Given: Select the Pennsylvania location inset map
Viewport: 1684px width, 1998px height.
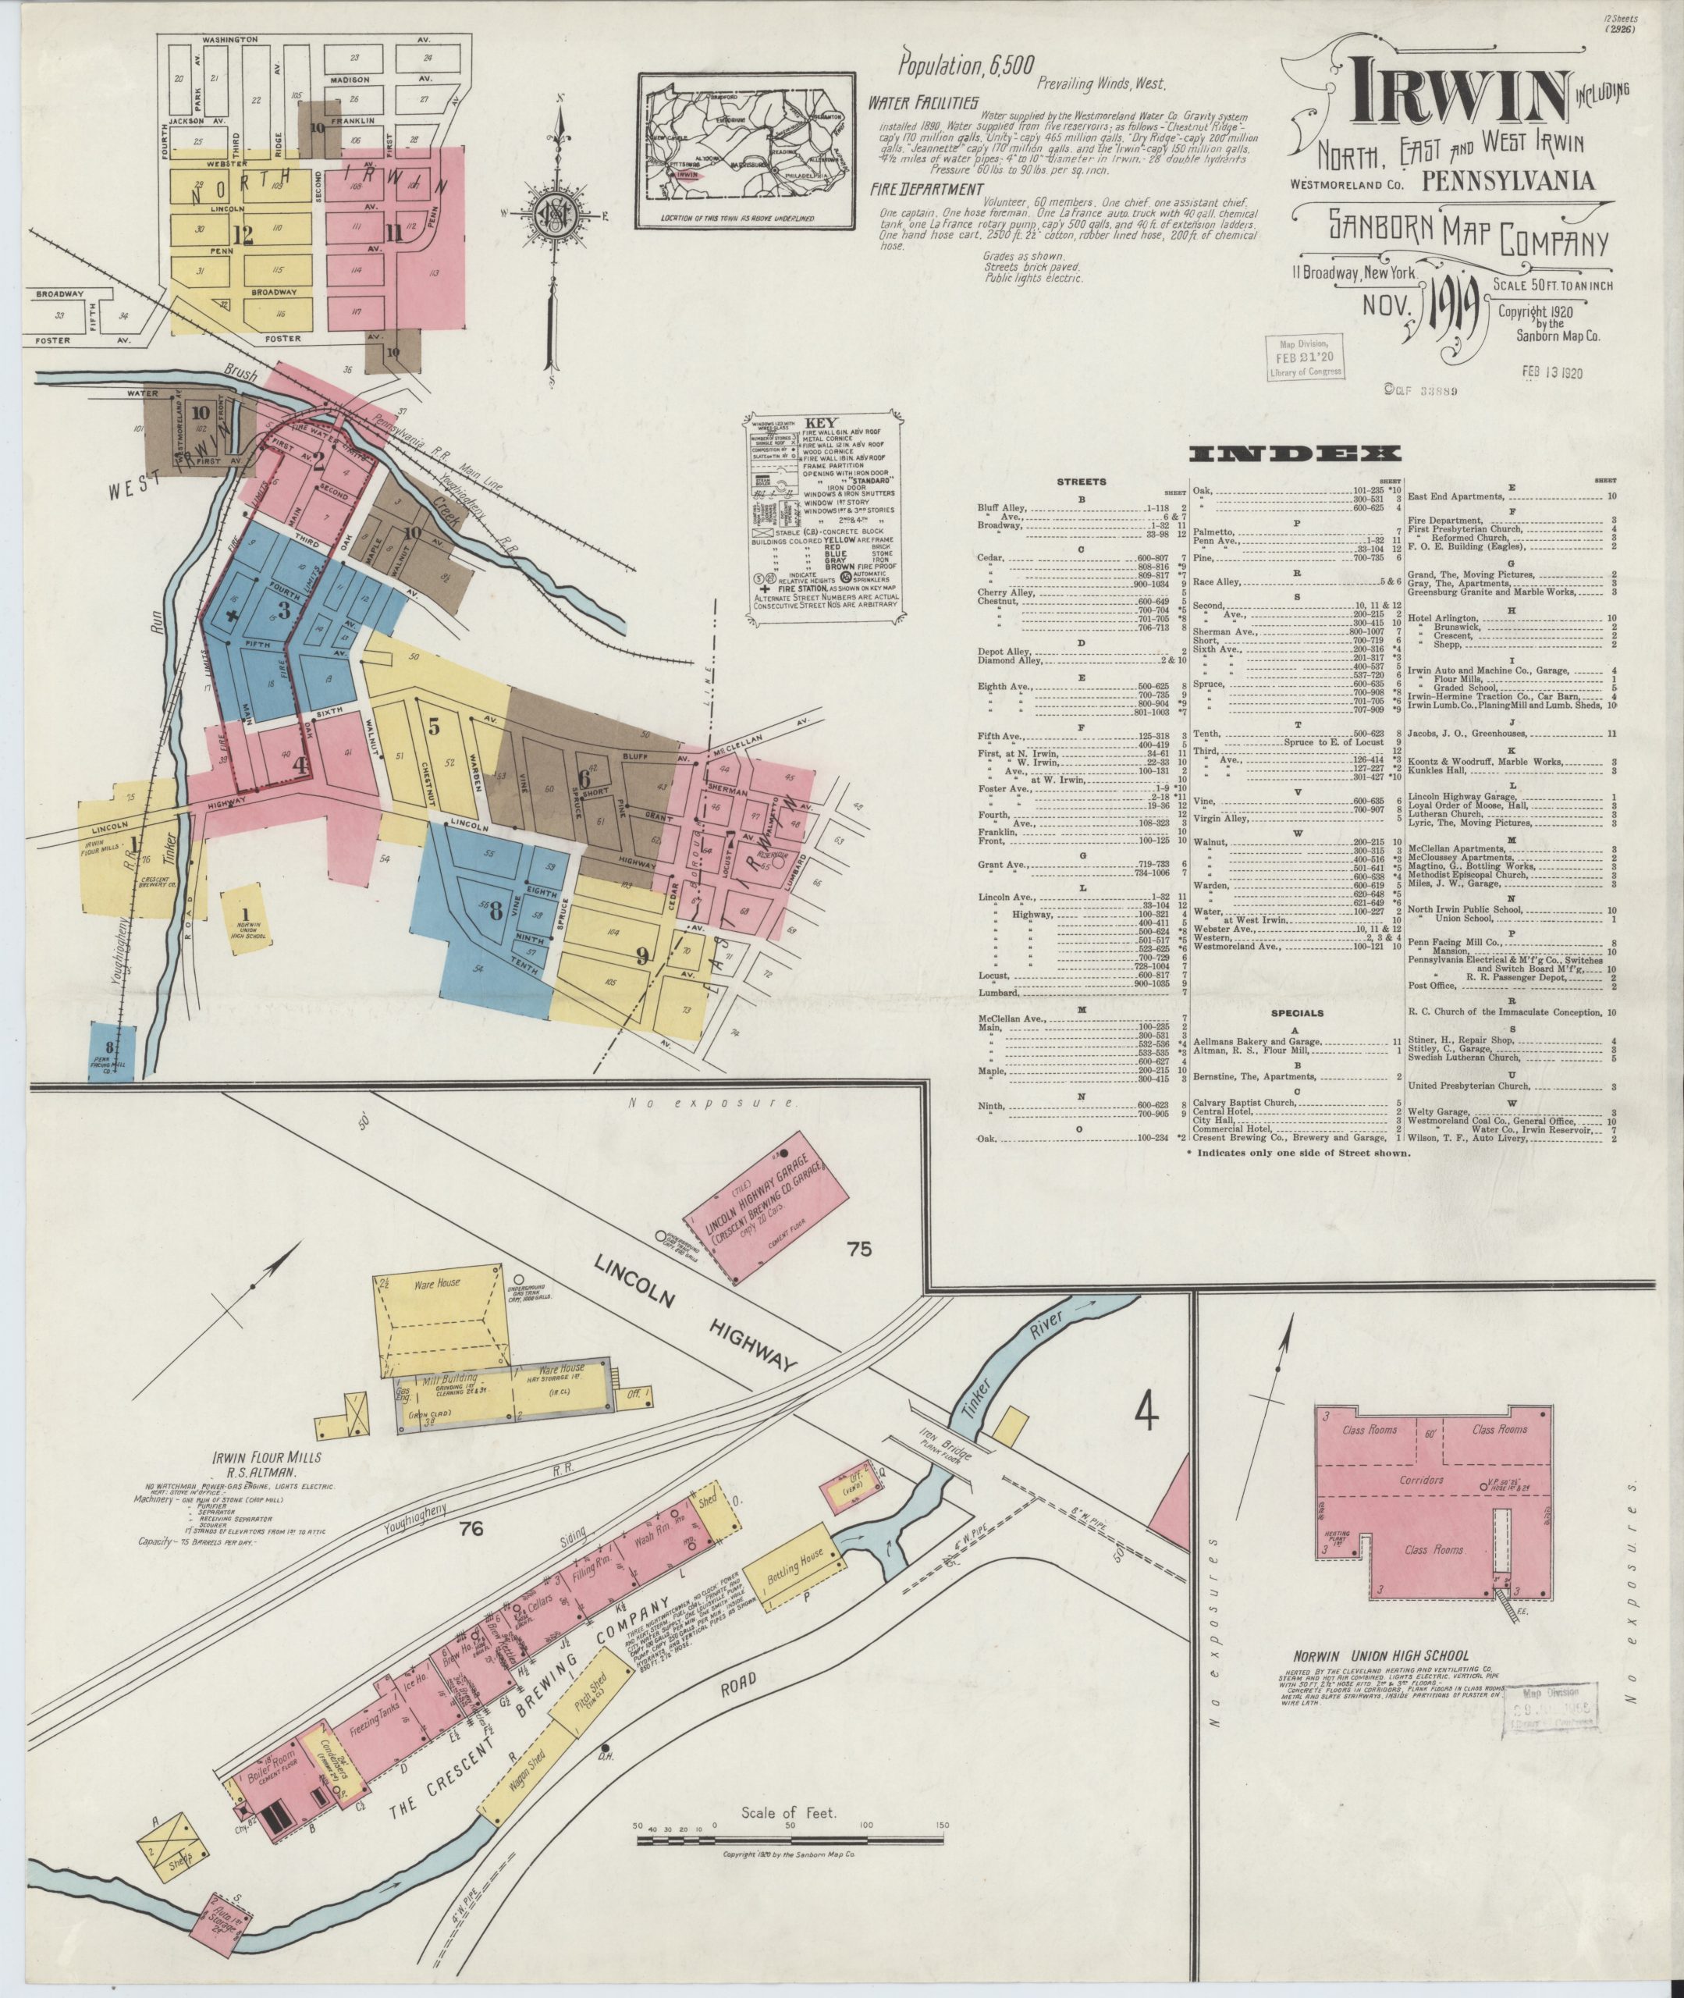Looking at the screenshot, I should pos(747,151).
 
